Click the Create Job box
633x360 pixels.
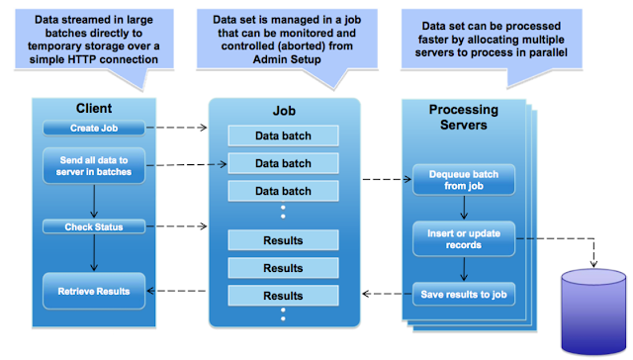coord(94,128)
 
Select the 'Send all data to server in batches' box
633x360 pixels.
coord(94,166)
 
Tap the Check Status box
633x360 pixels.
coord(94,227)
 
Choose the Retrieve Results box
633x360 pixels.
coord(94,291)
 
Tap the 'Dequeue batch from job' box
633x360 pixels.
coord(463,180)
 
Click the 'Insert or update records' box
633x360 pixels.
coord(463,237)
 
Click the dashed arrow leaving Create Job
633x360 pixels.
coord(178,128)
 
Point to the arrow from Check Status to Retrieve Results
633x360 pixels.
coord(94,252)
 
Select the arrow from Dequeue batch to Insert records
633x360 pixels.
coord(463,207)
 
